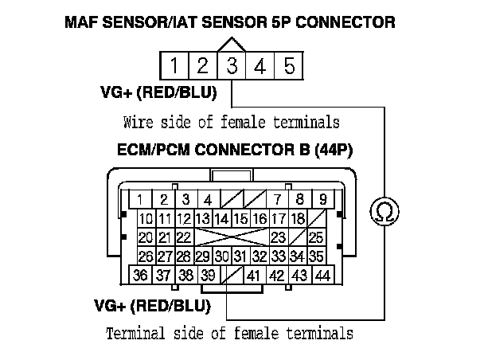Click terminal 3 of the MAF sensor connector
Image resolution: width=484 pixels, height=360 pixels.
pyautogui.click(x=231, y=65)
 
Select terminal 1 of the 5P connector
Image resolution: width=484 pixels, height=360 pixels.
pyautogui.click(x=174, y=65)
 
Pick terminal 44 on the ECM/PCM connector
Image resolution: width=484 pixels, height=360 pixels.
pyautogui.click(x=322, y=276)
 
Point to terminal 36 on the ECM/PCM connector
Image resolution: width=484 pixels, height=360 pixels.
pyautogui.click(x=141, y=276)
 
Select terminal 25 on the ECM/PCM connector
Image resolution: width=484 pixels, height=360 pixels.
pyautogui.click(x=316, y=237)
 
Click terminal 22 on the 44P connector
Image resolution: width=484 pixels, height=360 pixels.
pyautogui.click(x=184, y=237)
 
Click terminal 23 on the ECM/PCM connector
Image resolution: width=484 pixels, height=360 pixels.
pyautogui.click(x=278, y=237)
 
